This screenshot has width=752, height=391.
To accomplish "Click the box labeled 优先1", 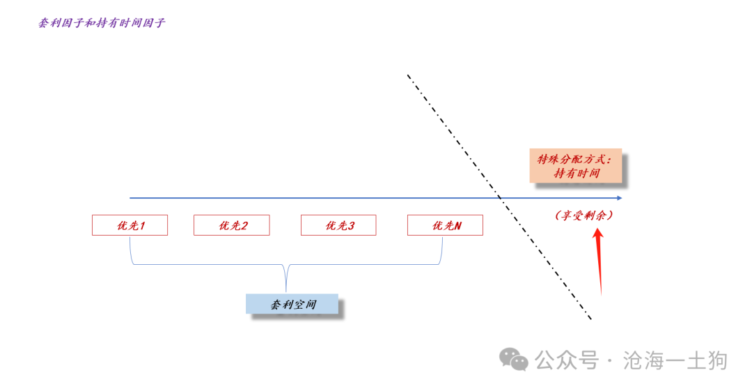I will click(x=130, y=225).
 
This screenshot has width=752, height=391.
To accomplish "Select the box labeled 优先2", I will click(x=231, y=225).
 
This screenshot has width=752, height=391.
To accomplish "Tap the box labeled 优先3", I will click(x=338, y=225).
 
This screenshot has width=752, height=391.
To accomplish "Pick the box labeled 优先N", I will click(x=445, y=225).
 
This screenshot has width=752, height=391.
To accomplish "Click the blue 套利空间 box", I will click(x=292, y=305).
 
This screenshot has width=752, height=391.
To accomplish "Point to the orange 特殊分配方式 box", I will click(x=575, y=166).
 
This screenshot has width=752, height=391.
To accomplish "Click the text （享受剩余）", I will click(x=585, y=216).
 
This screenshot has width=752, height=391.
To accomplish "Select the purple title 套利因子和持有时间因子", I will click(x=102, y=23).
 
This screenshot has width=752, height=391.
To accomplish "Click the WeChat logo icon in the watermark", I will click(x=515, y=360).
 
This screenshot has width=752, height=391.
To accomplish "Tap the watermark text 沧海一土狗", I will click(x=675, y=360).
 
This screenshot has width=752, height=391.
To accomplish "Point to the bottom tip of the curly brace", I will click(x=286, y=290).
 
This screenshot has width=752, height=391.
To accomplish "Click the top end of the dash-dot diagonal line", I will click(x=408, y=75).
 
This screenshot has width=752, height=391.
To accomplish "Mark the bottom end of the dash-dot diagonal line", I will click(x=592, y=321).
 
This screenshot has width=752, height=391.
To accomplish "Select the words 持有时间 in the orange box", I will click(x=577, y=174).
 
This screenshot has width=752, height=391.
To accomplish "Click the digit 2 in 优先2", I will click(x=244, y=225).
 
